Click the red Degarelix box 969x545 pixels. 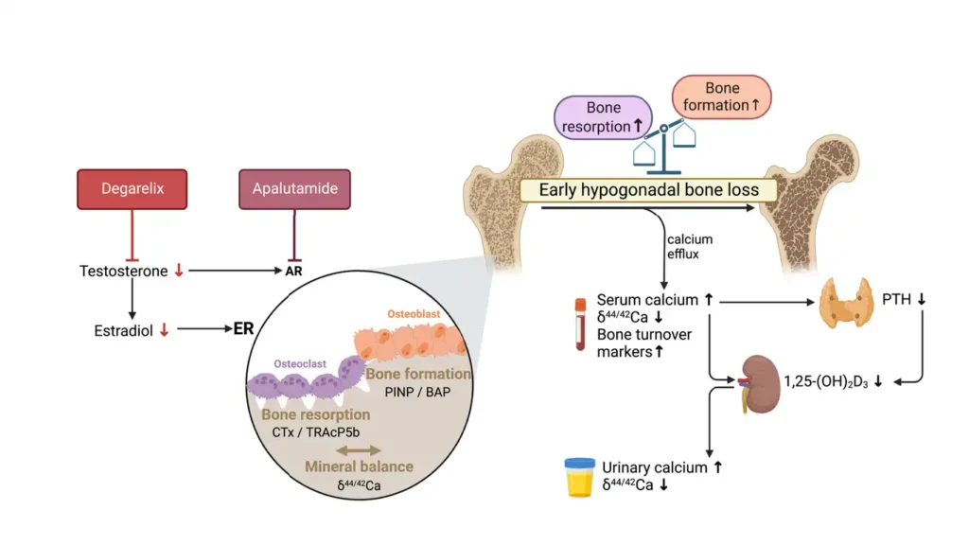click(132, 188)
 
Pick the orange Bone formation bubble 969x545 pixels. click(722, 97)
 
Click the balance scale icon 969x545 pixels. click(665, 142)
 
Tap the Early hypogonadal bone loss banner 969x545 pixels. click(648, 190)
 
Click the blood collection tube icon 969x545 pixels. click(580, 325)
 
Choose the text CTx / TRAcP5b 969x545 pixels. click(313, 432)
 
